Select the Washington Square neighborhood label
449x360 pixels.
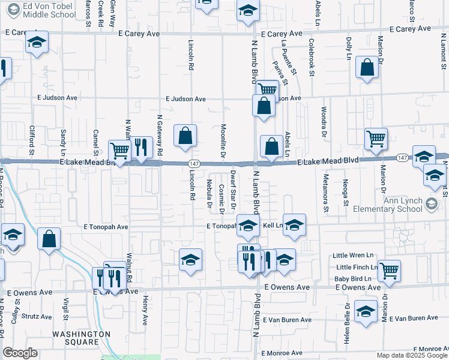81,338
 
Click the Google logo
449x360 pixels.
20,353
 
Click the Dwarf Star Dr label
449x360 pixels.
233,185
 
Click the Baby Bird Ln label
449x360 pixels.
354,278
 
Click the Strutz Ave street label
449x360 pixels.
37,316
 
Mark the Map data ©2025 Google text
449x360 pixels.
411,355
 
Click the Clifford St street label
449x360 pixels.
31,139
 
